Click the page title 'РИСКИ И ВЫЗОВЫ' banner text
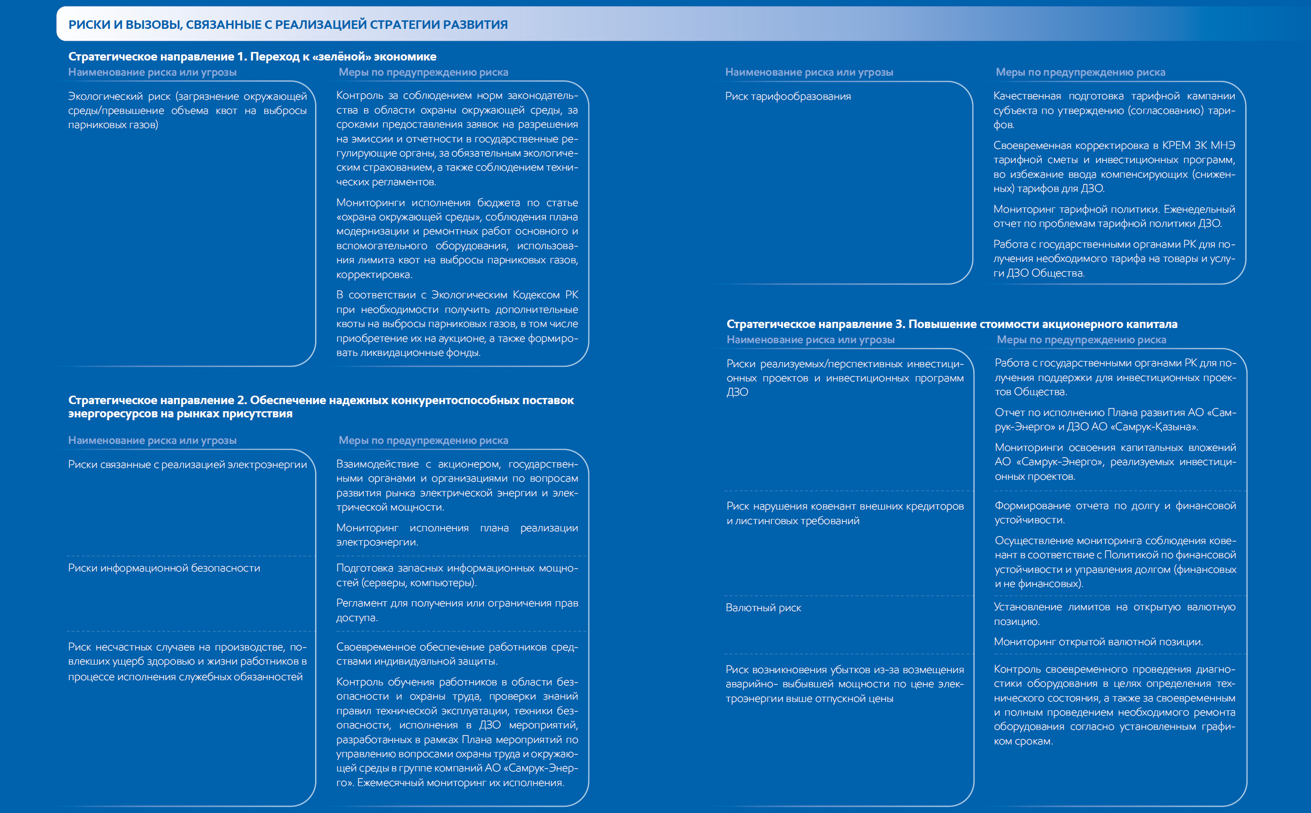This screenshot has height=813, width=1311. [288, 25]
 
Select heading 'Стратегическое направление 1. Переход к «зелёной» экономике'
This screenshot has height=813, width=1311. [252, 56]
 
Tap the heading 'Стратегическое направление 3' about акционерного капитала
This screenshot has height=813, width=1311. [951, 324]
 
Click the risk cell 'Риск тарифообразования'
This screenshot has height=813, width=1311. [788, 97]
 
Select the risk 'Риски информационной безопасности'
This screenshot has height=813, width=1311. [164, 568]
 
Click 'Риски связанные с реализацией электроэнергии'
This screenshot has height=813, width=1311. [187, 465]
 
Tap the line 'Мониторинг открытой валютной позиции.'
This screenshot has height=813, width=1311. [1098, 642]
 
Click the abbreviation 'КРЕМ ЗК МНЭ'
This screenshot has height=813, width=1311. [1198, 146]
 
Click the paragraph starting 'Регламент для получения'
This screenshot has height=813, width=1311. [457, 610]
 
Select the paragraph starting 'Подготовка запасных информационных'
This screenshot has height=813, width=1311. [457, 575]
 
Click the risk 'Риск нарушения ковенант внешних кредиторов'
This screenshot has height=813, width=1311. [845, 513]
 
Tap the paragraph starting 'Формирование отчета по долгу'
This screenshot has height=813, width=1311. [1115, 513]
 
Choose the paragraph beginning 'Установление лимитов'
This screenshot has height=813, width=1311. [1114, 614]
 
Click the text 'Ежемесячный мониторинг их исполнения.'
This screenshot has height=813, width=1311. [461, 783]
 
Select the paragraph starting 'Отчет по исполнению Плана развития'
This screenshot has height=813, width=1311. [1115, 420]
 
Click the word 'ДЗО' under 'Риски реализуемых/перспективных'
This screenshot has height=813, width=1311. [737, 392]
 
